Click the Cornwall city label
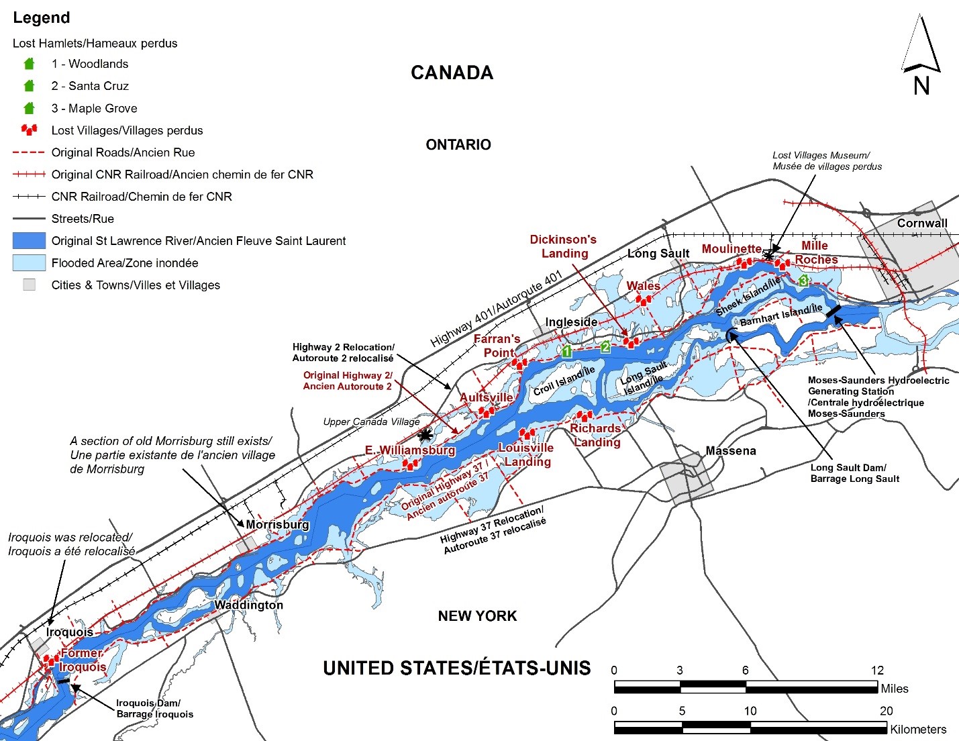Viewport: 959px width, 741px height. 922,223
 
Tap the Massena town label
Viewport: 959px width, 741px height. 730,451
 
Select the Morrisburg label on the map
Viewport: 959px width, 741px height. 277,524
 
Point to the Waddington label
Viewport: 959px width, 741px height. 248,605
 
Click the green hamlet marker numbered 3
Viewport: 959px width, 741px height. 803,281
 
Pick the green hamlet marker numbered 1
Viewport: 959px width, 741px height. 566,351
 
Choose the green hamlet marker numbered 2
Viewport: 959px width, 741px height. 605,347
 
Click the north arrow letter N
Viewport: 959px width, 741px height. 921,86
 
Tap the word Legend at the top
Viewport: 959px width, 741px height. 42,18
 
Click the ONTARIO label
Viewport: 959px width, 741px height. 458,144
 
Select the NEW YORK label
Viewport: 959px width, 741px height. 477,615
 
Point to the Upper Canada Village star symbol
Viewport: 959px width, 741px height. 424,434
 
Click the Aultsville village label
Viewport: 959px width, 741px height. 486,397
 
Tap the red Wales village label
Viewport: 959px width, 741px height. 643,286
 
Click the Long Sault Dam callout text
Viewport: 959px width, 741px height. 854,473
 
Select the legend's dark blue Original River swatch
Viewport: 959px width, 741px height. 29,241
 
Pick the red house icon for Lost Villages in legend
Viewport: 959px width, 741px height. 29,130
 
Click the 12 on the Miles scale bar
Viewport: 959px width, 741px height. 877,671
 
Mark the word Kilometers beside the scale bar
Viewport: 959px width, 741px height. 917,729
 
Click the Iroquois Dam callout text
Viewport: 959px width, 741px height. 154,708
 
